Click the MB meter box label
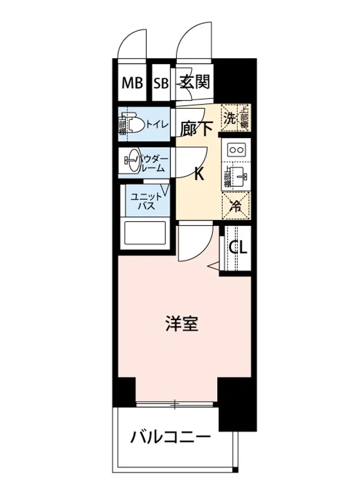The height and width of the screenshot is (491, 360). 133,83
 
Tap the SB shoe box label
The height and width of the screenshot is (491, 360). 161,83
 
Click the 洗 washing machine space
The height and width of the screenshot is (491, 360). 229,119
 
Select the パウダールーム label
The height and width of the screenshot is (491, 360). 153,163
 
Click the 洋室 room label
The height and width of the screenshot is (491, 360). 182,323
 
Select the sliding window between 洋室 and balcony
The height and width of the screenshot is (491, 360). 175,404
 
